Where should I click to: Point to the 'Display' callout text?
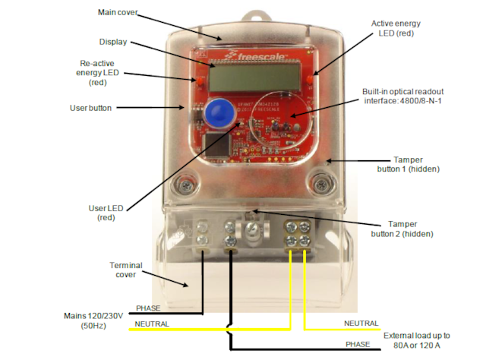[x=113, y=41]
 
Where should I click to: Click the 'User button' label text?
[x=90, y=108]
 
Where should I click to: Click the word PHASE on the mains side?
[x=149, y=308]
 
